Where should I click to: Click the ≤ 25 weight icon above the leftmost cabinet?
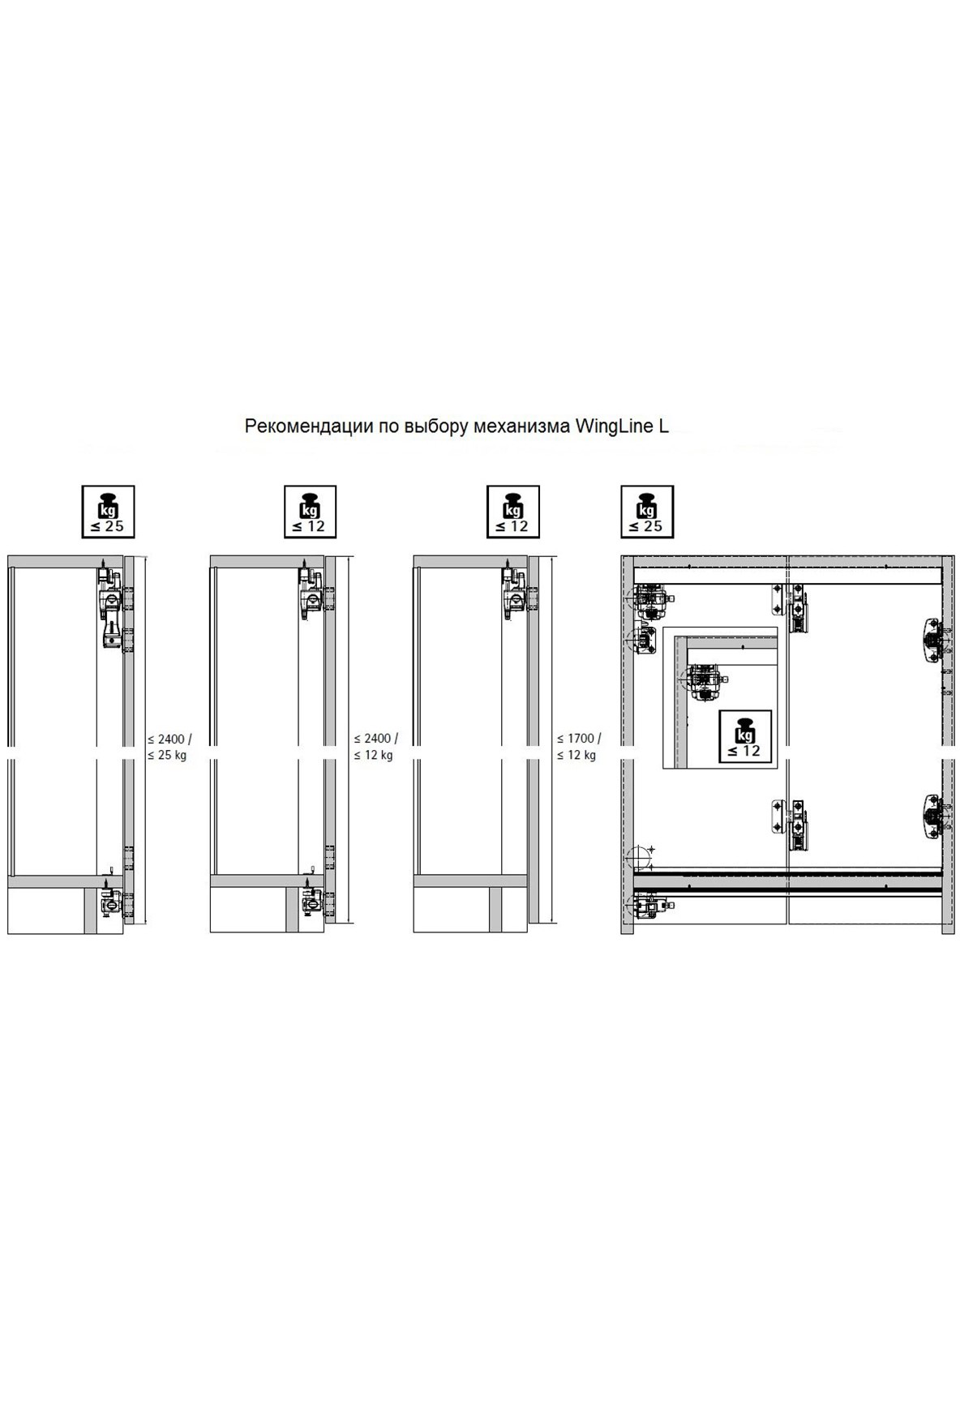[x=108, y=512]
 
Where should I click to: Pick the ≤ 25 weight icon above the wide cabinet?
[x=646, y=512]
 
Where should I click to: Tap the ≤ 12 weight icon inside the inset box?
[x=744, y=737]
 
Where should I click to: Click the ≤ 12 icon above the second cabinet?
[x=310, y=512]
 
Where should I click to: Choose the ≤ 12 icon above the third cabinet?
[x=512, y=512]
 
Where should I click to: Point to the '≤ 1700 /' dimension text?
[x=579, y=739]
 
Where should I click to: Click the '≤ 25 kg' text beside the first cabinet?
[x=167, y=756]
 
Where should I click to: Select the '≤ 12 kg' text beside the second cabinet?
[x=373, y=756]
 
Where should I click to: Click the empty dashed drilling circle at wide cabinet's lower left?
[x=640, y=857]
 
